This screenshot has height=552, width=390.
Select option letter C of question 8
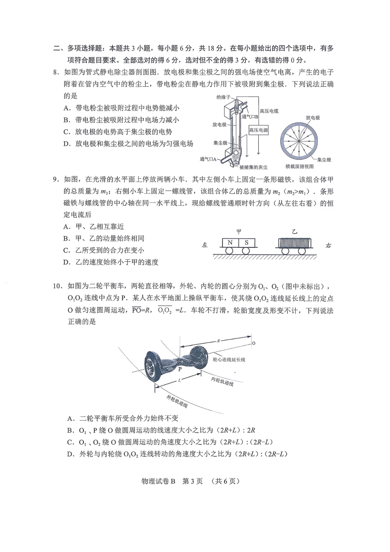click(67, 132)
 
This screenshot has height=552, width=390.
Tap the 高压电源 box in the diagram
click(259, 130)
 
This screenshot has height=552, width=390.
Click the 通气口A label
click(209, 159)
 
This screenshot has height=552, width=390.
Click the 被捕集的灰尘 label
click(253, 167)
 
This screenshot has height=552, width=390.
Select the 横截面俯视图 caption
click(299, 166)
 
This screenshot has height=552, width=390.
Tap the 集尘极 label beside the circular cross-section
click(324, 159)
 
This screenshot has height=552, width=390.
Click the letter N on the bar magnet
click(230, 243)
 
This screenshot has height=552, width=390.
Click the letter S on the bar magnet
click(246, 243)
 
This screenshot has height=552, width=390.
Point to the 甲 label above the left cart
click(239, 231)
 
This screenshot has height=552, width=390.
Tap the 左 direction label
click(204, 245)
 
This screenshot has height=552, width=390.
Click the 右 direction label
click(328, 245)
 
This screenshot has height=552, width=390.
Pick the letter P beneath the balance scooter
click(180, 369)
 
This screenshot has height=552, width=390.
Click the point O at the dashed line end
click(253, 343)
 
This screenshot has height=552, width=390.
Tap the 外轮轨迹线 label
click(177, 401)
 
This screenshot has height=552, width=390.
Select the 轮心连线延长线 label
click(229, 359)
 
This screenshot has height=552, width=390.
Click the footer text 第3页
click(192, 481)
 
